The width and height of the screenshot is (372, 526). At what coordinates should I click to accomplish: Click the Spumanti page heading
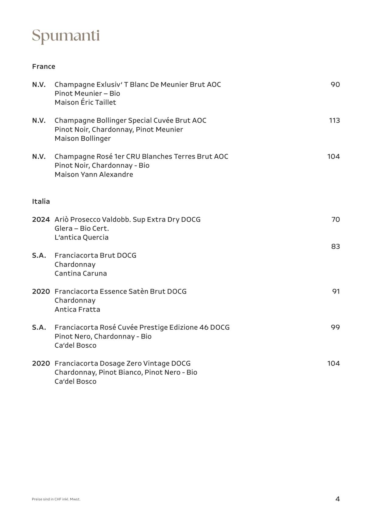[x=66, y=36]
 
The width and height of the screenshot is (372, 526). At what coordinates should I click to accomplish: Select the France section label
[x=44, y=67]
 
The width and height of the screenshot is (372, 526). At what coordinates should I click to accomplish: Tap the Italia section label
[x=41, y=202]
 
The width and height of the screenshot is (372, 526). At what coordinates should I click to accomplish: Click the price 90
[x=335, y=85]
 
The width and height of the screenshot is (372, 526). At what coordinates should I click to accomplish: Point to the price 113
[x=334, y=121]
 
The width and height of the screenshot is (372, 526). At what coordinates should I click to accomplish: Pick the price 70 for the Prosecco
[x=335, y=219]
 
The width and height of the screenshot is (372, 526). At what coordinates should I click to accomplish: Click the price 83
[x=335, y=247]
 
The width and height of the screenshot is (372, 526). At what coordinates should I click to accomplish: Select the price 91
[x=336, y=292]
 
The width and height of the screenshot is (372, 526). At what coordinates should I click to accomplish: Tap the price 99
[x=335, y=328]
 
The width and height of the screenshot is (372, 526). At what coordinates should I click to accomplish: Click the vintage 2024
[x=41, y=219]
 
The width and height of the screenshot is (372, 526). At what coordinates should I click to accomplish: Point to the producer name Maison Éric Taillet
[x=85, y=102]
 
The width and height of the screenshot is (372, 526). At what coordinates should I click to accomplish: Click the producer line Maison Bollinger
[x=82, y=139]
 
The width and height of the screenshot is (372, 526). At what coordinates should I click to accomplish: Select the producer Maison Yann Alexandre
[x=94, y=175]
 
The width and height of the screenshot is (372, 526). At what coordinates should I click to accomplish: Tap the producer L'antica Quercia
[x=81, y=237]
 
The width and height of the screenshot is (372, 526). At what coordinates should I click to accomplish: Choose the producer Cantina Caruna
[x=81, y=274]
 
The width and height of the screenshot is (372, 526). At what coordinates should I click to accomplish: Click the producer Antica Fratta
[x=77, y=310]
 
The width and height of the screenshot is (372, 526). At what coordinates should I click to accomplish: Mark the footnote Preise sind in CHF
[x=56, y=499]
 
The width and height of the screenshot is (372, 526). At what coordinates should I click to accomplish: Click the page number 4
[x=337, y=499]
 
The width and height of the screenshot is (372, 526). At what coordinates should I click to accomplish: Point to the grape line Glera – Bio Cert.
[x=82, y=229]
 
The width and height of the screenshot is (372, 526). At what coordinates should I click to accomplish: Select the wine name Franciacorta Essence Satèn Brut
[x=121, y=292]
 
